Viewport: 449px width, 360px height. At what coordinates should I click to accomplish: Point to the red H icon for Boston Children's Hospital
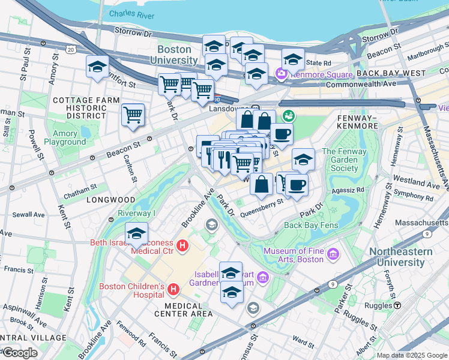click(x=173, y=290)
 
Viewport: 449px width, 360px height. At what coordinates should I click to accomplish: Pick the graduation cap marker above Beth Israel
click(x=137, y=233)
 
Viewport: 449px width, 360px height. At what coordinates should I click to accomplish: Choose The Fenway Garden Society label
click(x=348, y=160)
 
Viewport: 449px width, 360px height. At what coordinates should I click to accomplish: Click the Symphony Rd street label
click(x=413, y=196)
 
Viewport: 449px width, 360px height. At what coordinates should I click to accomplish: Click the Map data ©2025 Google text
click(x=411, y=355)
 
